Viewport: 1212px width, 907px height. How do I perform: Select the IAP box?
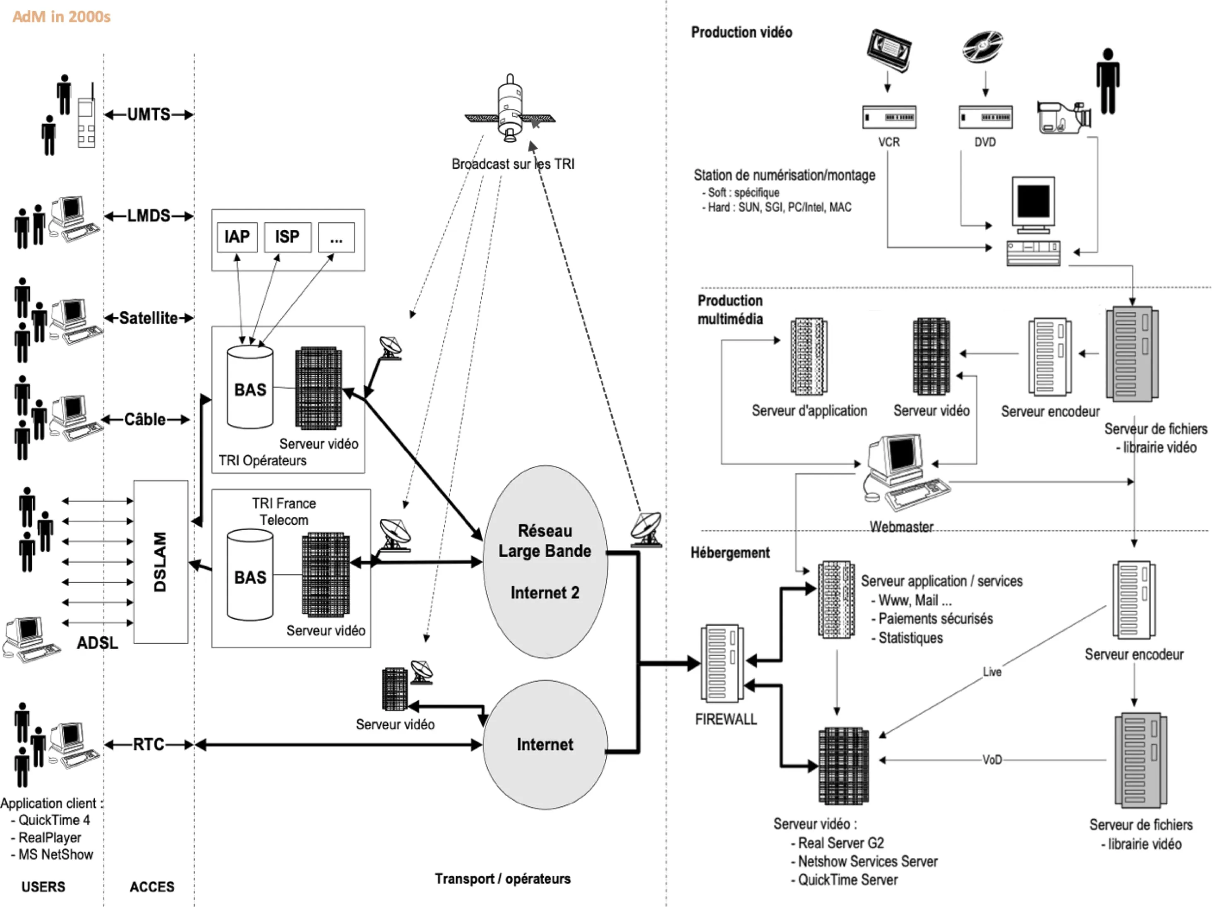coord(237,237)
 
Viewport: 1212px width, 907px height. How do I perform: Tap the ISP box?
coord(287,237)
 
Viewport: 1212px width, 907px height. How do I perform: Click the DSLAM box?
coord(161,562)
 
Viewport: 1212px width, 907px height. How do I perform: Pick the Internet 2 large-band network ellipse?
coord(545,562)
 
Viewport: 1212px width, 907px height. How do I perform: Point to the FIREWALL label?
coord(725,719)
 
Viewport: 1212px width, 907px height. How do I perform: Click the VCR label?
coord(889,142)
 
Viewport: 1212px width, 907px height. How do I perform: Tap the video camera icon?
coord(1063,117)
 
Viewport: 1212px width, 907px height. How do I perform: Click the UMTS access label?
coord(149,115)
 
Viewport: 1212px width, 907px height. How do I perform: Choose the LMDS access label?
coord(149,216)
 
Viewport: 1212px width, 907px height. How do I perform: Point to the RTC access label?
coord(149,744)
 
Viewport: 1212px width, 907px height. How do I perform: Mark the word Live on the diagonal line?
coord(992,672)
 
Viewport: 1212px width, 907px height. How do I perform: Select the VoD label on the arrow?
coord(992,760)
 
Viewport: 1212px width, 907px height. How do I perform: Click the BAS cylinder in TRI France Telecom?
coord(250,575)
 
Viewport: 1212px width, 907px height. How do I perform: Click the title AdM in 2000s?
coord(61,17)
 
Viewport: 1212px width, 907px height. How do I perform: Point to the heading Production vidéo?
coord(742,32)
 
